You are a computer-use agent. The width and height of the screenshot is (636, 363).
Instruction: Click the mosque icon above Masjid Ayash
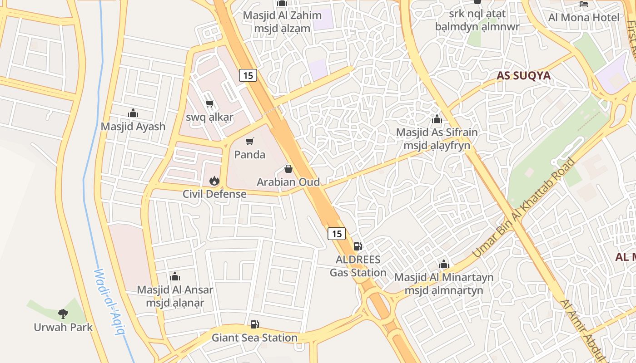pos(133,113)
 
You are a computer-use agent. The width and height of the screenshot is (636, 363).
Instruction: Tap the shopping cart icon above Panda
pos(249,142)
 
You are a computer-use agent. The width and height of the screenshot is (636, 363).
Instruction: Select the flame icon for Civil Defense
pos(214,181)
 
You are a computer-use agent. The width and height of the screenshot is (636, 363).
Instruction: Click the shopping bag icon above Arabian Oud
pos(288,169)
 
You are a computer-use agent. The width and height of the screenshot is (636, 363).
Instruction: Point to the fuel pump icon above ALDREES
pos(358,246)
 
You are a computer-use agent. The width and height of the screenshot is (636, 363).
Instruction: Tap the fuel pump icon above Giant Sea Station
pos(255,324)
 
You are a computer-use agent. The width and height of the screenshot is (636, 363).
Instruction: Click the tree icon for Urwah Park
pos(63,314)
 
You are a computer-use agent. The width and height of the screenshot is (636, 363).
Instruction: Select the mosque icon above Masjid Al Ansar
pos(175,276)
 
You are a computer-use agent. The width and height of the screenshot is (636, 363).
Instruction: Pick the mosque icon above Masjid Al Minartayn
pos(444,264)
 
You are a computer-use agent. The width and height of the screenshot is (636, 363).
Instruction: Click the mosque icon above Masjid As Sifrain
pos(437,119)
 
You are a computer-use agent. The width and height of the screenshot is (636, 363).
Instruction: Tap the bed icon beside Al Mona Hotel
pos(584,5)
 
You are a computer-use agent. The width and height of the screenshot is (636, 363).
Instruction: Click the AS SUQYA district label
pos(523,76)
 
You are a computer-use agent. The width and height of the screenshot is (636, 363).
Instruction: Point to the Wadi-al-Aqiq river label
pos(109,302)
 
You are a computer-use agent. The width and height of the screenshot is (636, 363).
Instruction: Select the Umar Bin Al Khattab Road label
pos(524,208)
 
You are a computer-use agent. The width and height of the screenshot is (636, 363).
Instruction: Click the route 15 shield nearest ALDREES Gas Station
pos(337,234)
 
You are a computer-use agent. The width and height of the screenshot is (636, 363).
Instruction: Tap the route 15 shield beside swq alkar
pos(248,75)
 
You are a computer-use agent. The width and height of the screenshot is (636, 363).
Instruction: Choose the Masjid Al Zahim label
pos(282,15)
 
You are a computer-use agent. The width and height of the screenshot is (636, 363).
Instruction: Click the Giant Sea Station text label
pos(254,338)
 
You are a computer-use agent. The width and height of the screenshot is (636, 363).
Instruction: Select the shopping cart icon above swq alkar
pos(209,104)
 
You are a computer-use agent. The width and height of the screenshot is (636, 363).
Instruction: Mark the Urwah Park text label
pos(63,327)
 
